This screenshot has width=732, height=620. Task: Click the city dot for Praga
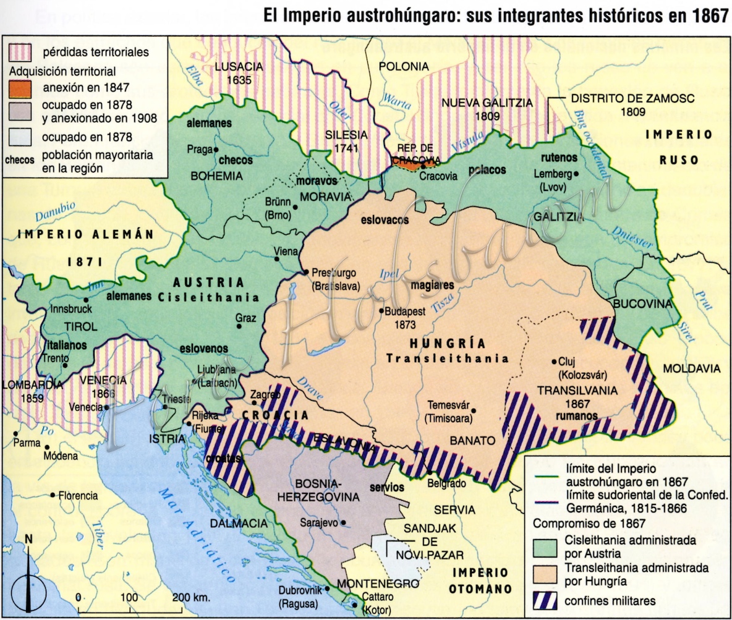[216, 150]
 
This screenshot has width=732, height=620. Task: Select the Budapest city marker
[381, 311]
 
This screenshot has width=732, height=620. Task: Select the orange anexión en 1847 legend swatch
[20, 88]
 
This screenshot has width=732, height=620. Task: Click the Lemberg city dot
[576, 174]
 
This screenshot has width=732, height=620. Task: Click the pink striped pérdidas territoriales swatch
[20, 52]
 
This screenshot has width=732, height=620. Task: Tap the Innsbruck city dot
[85, 300]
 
